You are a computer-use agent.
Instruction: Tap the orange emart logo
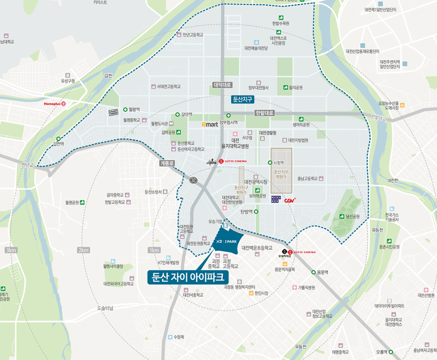pyautogui.click(x=209, y=125)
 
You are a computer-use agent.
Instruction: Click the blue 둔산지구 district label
pyautogui.click(x=243, y=100)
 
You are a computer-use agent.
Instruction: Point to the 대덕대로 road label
pyautogui.click(x=222, y=85)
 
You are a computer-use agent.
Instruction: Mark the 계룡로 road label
pyautogui.click(x=167, y=163)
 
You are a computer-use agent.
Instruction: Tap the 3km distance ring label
pyautogui.click(x=11, y=250)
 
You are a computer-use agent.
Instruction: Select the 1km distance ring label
pyautogui.click(x=154, y=250)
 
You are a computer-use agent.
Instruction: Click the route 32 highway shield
pyautogui.click(x=193, y=180)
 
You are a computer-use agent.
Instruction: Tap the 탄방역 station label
pyautogui.click(x=246, y=212)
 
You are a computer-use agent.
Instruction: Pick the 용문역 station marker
pyautogui.click(x=313, y=272)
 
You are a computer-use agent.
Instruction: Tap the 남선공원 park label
pyautogui.click(x=352, y=217)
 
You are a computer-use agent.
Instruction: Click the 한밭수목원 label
pyautogui.click(x=280, y=23)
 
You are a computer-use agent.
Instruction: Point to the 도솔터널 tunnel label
pyautogui.click(x=105, y=308)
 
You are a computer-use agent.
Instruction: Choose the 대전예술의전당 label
pyautogui.click(x=256, y=48)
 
